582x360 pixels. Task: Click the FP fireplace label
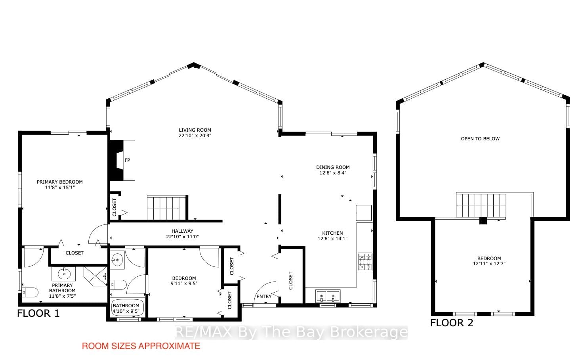[127, 160]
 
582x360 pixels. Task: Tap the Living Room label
[195, 130]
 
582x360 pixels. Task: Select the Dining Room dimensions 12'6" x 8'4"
[333, 173]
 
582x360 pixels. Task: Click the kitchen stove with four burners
[365, 262]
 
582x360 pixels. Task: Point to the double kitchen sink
[328, 296]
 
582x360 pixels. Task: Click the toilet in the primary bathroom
[31, 293]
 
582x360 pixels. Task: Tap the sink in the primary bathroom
[63, 274]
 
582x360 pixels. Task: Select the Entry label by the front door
[264, 297]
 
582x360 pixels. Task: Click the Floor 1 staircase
[166, 207]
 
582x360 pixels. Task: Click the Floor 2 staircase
[481, 205]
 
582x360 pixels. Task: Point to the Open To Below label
[480, 139]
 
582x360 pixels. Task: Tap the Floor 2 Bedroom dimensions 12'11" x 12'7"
[489, 264]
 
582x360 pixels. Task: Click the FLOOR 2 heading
[452, 323]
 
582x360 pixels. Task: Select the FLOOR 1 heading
[38, 314]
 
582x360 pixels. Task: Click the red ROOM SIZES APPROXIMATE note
[141, 346]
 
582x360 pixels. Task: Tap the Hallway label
[182, 231]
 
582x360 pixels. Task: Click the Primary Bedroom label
[60, 182]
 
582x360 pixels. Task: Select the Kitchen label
[332, 233]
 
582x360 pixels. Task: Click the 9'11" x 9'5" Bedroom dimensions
[184, 283]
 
